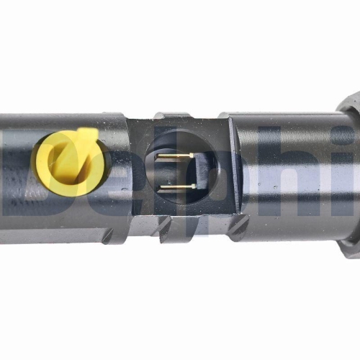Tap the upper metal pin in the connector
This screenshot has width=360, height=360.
(177, 156)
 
